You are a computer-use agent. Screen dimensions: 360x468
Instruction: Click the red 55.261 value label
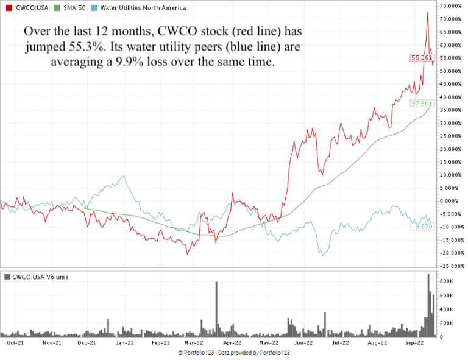click(x=422, y=57)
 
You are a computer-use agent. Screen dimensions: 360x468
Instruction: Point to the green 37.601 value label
click(x=422, y=104)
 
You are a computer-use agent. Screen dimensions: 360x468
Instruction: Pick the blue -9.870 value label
click(x=422, y=227)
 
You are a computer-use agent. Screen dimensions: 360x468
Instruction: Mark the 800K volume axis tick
click(x=446, y=281)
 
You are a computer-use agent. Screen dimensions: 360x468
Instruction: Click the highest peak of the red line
click(x=427, y=12)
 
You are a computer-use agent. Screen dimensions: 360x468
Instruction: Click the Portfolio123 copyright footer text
click(x=234, y=353)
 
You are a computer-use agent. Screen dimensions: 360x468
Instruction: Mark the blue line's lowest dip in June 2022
click(x=322, y=255)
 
